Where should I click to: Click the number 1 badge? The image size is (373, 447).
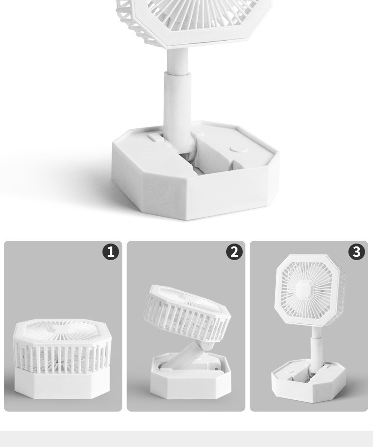click(110, 252)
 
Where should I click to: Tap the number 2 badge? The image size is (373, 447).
click(234, 252)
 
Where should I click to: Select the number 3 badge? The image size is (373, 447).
click(356, 252)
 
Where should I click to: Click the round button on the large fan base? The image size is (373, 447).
click(239, 149)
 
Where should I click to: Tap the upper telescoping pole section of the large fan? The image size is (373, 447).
click(178, 61)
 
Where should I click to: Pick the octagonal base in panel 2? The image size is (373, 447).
click(191, 376)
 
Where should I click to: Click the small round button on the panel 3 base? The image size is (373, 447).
click(288, 371)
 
